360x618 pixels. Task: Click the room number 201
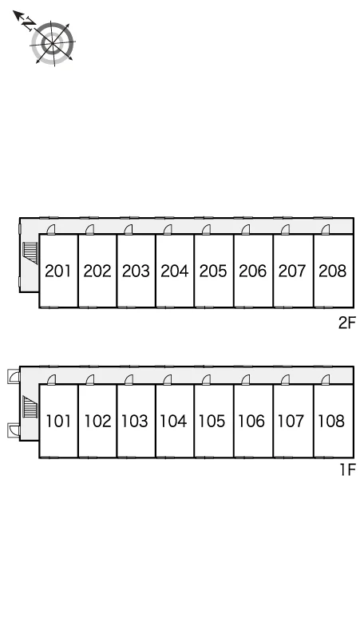coord(58,271)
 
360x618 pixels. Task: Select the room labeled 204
coord(175,271)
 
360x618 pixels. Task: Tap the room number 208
coord(333,271)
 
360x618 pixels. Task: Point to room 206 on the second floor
coord(253,271)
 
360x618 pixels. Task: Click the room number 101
coord(59,421)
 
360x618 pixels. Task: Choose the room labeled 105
coord(212,421)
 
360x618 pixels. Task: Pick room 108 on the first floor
coord(331,421)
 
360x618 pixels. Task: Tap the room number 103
coord(135,421)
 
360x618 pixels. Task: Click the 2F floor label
coord(347,323)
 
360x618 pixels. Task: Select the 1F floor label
coord(348,469)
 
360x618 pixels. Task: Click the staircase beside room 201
coord(30,253)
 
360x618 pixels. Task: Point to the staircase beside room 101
coord(30,406)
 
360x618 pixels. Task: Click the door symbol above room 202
coord(90,229)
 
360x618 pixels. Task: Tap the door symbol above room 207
coord(285,229)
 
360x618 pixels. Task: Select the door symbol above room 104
coord(168,379)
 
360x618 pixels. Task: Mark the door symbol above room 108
coord(326,379)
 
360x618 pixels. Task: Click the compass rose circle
coord(53,43)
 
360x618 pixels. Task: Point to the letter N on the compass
coord(28,25)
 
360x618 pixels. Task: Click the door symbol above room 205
coord(206,229)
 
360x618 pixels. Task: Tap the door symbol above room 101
coord(51,379)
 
